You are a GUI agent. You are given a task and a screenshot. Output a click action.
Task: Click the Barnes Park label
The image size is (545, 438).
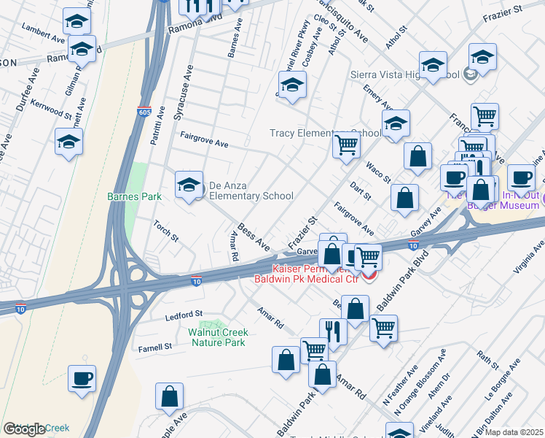133,196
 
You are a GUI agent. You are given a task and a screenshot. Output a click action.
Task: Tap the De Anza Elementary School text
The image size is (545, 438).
251,191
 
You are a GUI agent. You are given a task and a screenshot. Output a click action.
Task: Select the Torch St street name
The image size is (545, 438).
166,231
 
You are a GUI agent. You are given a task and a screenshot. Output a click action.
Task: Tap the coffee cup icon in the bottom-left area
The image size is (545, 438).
82,379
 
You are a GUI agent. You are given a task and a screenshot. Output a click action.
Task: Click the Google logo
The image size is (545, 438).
23,429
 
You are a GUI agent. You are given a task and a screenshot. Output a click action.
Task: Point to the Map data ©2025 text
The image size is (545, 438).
514,432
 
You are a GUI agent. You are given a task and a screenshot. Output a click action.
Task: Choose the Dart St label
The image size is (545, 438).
361,192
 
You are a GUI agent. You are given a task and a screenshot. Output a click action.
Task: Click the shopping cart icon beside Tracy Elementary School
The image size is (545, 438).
346,145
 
